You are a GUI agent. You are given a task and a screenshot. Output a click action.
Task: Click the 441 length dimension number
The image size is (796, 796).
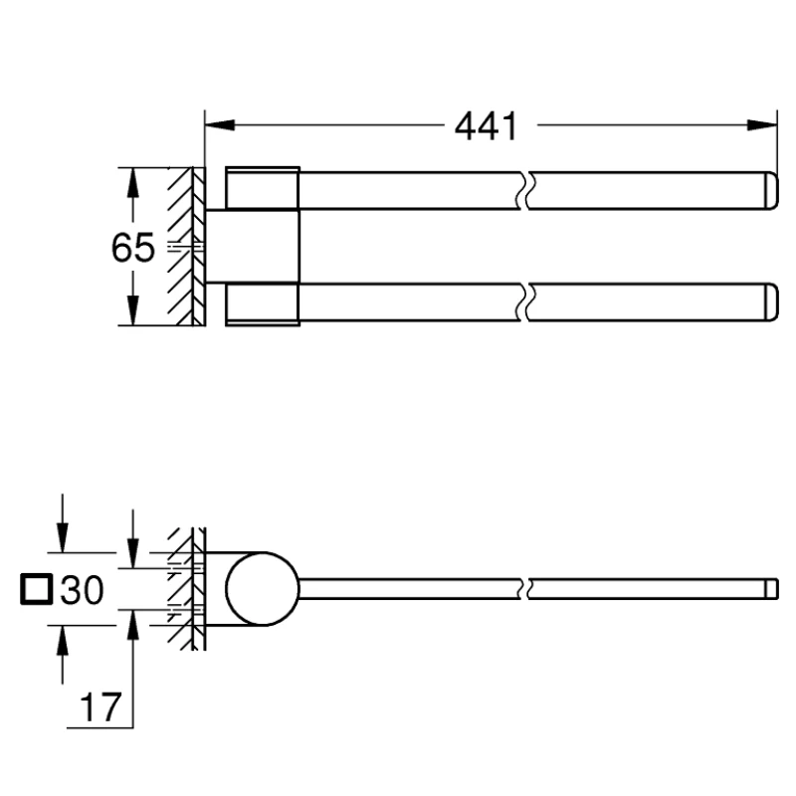pos(487,126)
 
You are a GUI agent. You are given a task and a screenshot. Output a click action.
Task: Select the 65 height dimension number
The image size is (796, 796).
pos(132,248)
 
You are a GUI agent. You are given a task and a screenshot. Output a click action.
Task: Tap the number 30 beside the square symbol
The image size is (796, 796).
pos(82,592)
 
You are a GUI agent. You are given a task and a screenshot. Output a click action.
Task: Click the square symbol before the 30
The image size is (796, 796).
pos(36,591)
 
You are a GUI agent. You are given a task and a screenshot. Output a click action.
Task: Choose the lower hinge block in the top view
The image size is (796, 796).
pos(263,304)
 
